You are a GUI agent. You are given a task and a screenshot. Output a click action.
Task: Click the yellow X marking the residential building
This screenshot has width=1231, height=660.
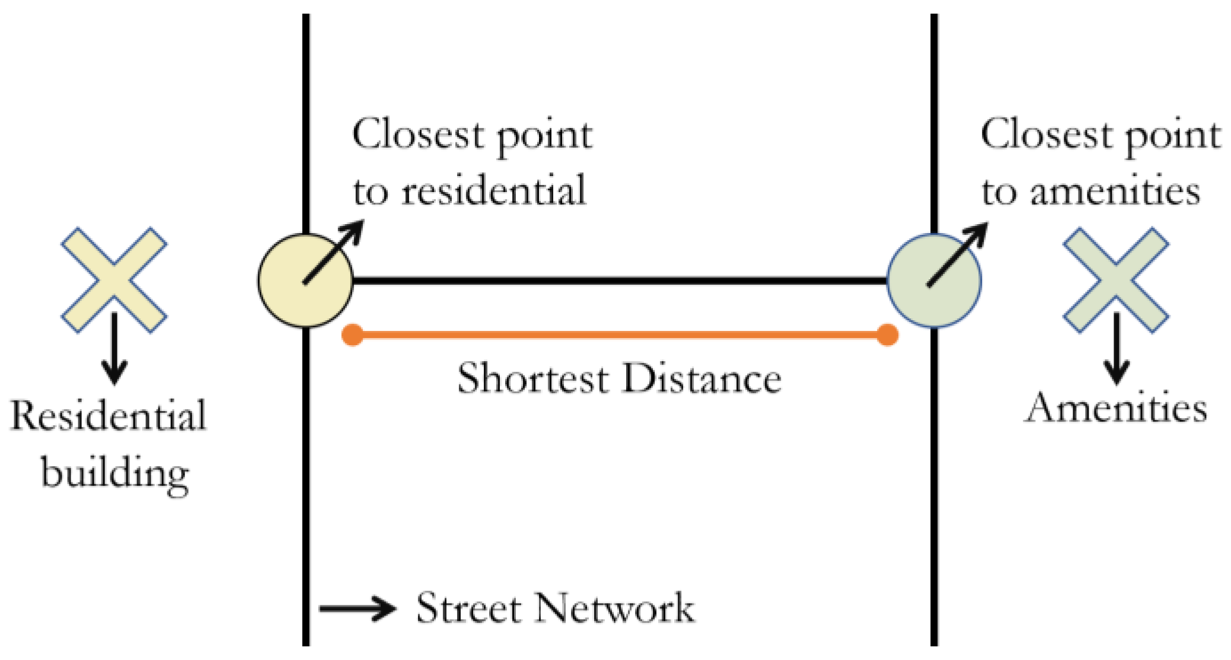pyautogui.click(x=114, y=280)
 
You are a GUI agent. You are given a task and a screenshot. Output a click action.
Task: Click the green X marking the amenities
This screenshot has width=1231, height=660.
pyautogui.click(x=1115, y=280)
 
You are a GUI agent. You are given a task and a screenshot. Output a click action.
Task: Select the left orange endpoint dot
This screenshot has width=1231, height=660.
pyautogui.click(x=353, y=335)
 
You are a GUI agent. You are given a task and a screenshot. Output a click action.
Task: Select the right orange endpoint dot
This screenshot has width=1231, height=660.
pyautogui.click(x=887, y=335)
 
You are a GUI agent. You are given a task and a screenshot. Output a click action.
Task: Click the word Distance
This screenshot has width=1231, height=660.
pyautogui.click(x=702, y=378)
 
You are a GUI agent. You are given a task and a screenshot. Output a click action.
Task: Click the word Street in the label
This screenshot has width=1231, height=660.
pyautogui.click(x=468, y=608)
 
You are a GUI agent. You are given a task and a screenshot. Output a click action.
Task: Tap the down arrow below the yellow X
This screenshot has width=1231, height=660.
pyautogui.click(x=114, y=350)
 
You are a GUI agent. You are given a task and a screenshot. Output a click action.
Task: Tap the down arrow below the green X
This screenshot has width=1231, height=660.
pyautogui.click(x=1116, y=350)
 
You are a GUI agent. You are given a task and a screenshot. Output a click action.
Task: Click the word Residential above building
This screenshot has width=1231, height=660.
pyautogui.click(x=109, y=415)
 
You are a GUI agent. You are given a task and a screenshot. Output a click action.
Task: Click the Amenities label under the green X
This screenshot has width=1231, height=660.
pyautogui.click(x=1115, y=409)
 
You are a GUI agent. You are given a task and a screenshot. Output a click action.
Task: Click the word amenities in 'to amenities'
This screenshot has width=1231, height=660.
pyautogui.click(x=1115, y=191)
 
